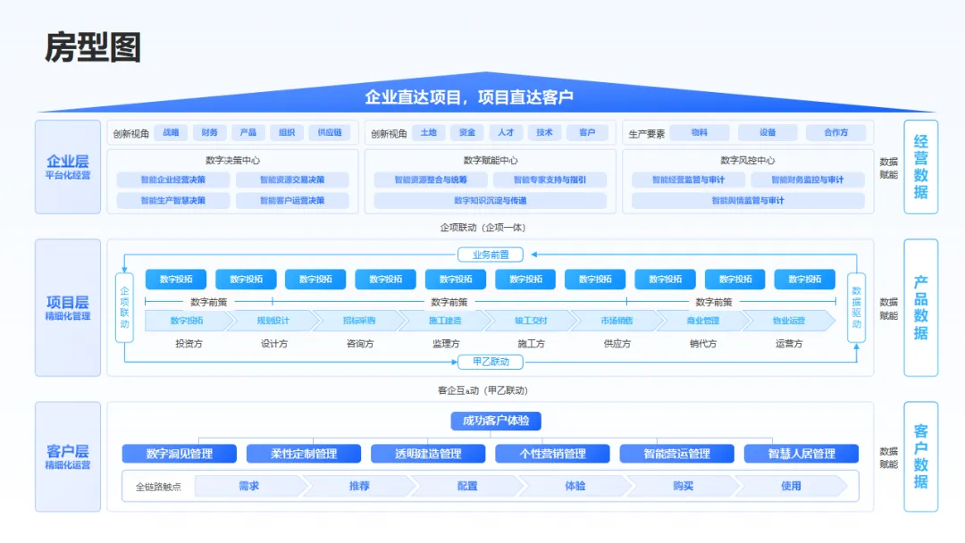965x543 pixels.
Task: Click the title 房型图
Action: click(93, 47)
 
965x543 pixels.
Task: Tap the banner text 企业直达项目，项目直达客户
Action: click(468, 97)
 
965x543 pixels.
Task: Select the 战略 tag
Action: click(170, 133)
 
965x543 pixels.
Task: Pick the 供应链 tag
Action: click(329, 133)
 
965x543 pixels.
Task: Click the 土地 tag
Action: click(429, 133)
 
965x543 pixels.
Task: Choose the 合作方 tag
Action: click(836, 133)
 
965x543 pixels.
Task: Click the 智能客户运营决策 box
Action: click(292, 200)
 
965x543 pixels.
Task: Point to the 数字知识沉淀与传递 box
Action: click(490, 200)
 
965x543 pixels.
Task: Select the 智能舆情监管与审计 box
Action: click(747, 200)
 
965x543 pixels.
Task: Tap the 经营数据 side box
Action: click(920, 167)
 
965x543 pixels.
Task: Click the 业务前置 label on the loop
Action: click(490, 255)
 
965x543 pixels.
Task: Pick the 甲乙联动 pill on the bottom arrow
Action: click(490, 362)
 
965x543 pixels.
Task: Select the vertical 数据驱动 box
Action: click(856, 308)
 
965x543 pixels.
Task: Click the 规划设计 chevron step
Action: click(273, 321)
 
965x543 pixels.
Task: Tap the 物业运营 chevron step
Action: click(788, 321)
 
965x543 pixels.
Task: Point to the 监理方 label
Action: click(445, 344)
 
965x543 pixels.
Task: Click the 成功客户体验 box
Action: click(495, 421)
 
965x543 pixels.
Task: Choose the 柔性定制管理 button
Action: click(304, 454)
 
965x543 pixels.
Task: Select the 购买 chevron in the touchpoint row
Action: click(683, 486)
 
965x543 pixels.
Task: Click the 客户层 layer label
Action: click(68, 455)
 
